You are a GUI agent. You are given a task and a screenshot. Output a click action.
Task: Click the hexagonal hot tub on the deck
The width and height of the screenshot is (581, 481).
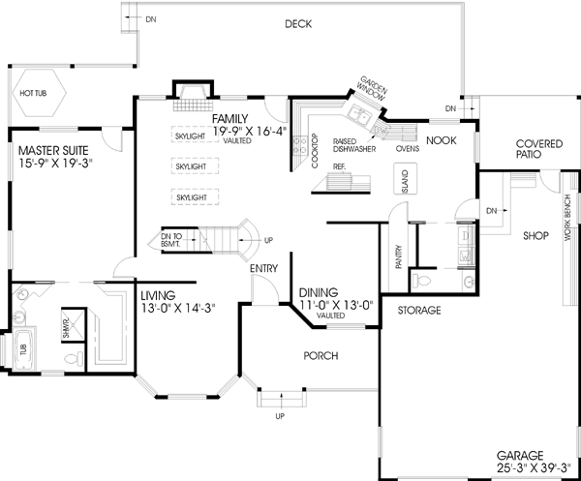[36, 94]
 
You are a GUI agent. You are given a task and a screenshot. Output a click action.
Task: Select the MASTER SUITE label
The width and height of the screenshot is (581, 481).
[53, 151]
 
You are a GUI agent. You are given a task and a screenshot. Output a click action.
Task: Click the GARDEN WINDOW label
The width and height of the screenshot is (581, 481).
[373, 89]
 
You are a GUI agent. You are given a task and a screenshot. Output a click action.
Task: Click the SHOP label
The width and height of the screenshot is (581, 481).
[535, 235]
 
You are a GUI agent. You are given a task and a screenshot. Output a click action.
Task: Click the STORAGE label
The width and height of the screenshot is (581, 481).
[418, 311]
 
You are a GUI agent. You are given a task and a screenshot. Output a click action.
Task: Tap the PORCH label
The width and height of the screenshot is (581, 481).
[321, 356]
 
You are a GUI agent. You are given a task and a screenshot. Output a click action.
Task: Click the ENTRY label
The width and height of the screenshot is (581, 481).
[265, 268]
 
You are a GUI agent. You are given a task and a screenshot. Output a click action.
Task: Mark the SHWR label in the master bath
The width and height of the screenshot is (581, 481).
[66, 322]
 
